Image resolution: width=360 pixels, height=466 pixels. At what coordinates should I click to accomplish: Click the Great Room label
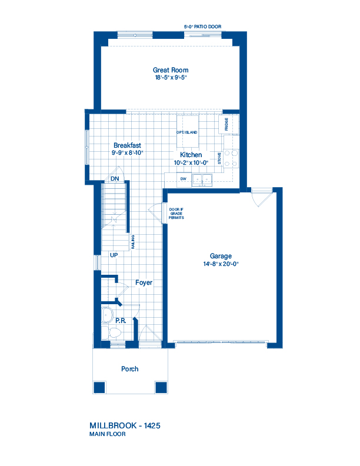(x=171, y=70)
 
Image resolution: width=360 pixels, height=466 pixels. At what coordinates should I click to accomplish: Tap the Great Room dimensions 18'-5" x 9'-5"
(x=171, y=78)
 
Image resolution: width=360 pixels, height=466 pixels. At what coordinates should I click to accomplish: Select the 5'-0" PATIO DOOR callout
(x=202, y=26)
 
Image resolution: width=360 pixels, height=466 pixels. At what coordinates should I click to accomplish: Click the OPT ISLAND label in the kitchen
(x=187, y=132)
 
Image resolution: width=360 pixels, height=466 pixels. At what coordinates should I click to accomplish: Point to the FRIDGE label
(x=226, y=124)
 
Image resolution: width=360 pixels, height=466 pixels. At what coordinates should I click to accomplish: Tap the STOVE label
(x=219, y=158)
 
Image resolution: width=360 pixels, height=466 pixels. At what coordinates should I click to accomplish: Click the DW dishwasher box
(x=184, y=179)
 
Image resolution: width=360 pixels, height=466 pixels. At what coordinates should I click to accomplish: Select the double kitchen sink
(x=202, y=180)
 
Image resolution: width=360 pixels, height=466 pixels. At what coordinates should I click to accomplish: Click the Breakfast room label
(x=127, y=145)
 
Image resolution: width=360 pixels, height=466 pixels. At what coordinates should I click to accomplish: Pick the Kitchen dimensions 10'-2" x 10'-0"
(x=191, y=163)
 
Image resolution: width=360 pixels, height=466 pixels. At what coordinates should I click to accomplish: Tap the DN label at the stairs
(x=115, y=179)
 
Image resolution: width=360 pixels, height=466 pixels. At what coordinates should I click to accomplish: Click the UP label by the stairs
(x=114, y=255)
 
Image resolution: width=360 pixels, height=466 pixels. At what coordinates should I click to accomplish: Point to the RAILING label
(x=133, y=242)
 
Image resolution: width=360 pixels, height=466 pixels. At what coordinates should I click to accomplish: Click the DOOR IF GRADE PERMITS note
(x=176, y=214)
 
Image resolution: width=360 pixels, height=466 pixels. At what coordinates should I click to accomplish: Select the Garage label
(x=221, y=256)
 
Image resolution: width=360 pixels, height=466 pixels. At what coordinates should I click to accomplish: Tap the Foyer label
(x=144, y=282)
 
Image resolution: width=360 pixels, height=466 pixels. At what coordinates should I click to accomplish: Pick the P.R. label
(x=121, y=321)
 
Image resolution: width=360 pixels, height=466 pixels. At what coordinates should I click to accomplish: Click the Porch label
(x=130, y=369)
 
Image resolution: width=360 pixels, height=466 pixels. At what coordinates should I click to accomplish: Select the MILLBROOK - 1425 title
(x=125, y=425)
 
